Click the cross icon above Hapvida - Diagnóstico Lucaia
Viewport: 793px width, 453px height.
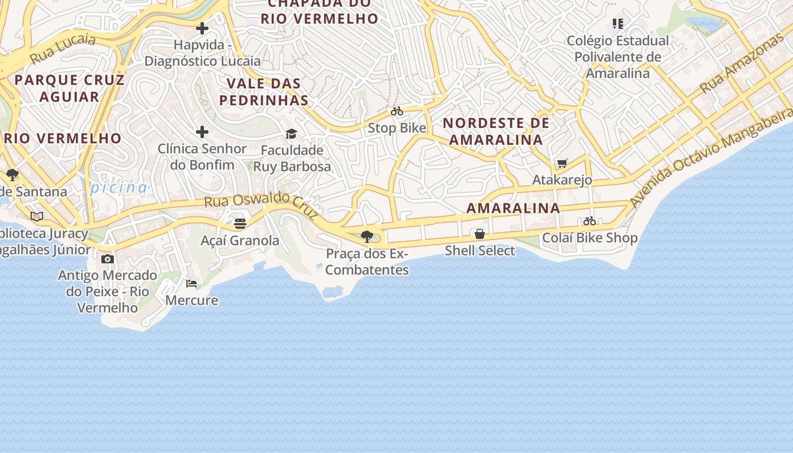coord(202,28)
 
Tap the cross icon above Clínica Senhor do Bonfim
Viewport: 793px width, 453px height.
coord(202,133)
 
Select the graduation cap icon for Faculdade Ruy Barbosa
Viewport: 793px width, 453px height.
coord(292,134)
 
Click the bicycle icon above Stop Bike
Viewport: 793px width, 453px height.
coord(397,112)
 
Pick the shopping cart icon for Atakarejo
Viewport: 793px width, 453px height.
coord(562,164)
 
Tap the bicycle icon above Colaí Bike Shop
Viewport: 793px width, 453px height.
coord(590,221)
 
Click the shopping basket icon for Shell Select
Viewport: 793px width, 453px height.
coord(480,234)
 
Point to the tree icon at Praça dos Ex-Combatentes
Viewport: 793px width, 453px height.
coord(367,236)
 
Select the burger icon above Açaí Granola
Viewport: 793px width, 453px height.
coord(240,224)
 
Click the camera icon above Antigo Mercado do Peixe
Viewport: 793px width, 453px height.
coord(108,259)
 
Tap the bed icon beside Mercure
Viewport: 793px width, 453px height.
coord(191,284)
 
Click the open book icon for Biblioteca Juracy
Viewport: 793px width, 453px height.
coord(37,216)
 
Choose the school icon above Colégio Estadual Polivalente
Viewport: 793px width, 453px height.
coord(617,24)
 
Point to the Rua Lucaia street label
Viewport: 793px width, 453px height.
coord(63,48)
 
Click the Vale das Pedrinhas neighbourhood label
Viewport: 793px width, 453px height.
coord(264,92)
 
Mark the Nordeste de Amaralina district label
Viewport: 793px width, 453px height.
coord(496,131)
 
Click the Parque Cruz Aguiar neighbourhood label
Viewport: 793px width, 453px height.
coord(69,88)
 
